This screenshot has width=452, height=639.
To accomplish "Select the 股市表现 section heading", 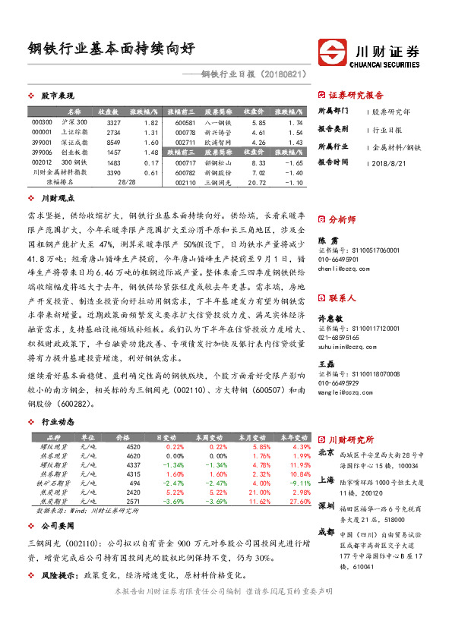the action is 56,96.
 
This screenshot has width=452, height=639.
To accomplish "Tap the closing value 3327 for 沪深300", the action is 114,122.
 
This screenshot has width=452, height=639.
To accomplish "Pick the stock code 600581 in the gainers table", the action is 185,122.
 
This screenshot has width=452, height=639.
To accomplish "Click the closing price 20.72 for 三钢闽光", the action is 254,183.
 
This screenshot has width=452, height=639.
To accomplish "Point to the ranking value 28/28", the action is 127,183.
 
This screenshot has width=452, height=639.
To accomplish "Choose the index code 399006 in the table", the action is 43,153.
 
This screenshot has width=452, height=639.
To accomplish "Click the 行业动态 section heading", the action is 58,421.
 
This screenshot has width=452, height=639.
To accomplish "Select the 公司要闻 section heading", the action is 58,525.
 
